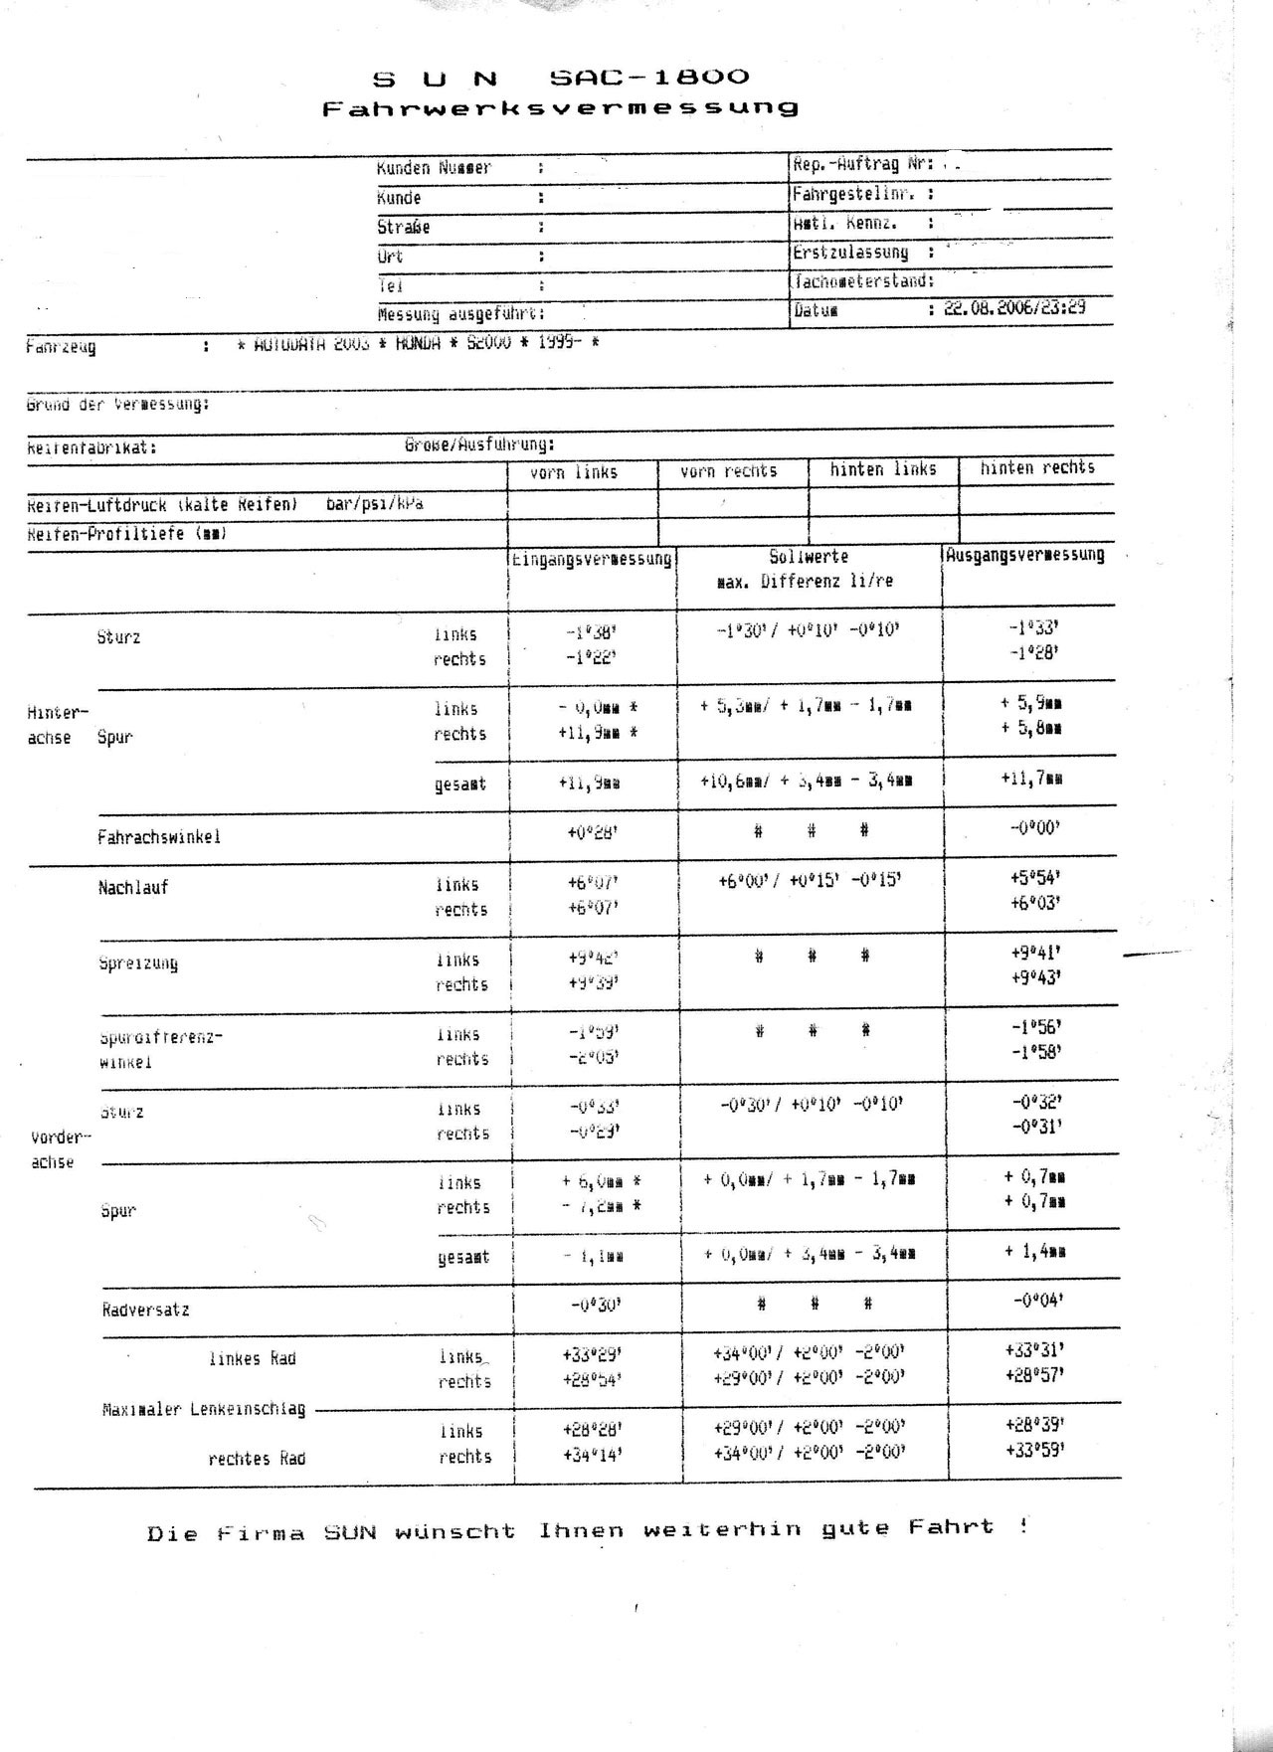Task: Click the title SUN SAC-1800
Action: [561, 78]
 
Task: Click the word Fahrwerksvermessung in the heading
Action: [561, 107]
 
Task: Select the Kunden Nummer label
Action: [434, 168]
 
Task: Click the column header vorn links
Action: [574, 473]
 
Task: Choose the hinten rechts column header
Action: [1037, 467]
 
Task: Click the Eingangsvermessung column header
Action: [592, 559]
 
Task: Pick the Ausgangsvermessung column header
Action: [1024, 555]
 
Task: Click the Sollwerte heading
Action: [809, 557]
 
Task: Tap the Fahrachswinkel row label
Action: [159, 837]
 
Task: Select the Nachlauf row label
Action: [133, 888]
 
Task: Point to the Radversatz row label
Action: [145, 1310]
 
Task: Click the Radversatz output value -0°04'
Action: [1035, 1300]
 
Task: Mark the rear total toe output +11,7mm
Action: [1031, 779]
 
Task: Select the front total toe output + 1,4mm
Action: [1034, 1251]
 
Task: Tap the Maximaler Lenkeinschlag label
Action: [204, 1409]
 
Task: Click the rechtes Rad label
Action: [257, 1459]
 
